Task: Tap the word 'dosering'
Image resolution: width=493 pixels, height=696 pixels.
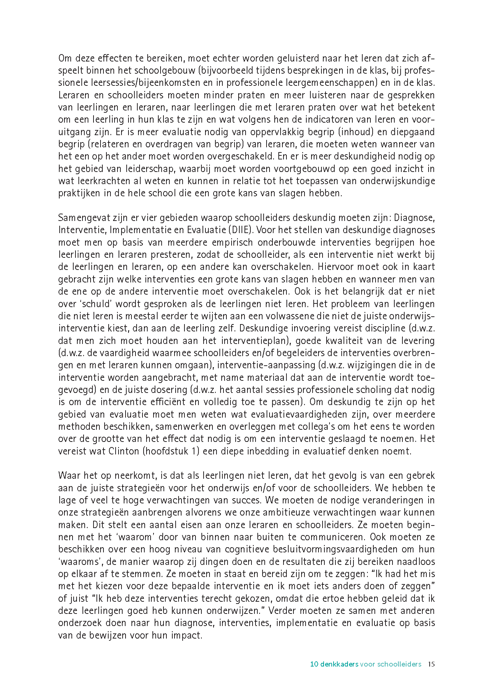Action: coord(170,390)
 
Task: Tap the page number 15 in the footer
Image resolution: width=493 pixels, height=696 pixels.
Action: coord(431,664)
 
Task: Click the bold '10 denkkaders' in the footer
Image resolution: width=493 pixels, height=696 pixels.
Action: coord(334,664)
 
